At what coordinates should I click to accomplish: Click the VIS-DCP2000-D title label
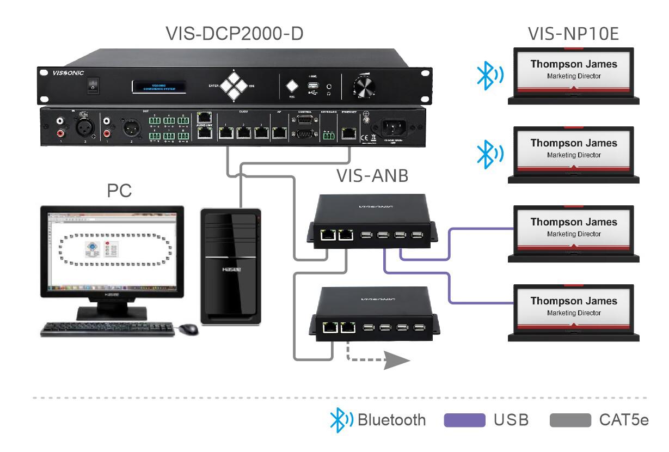235,34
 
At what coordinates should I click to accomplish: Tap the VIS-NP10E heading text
573,34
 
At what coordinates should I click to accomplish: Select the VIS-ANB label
372,176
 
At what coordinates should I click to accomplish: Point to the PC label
119,192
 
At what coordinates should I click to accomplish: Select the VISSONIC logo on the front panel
61,72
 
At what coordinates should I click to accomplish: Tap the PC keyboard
109,328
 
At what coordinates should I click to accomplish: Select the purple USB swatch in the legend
465,420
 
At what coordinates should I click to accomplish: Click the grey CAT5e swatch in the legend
570,420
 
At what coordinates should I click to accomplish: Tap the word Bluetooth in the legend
391,420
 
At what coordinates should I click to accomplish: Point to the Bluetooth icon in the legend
342,420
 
